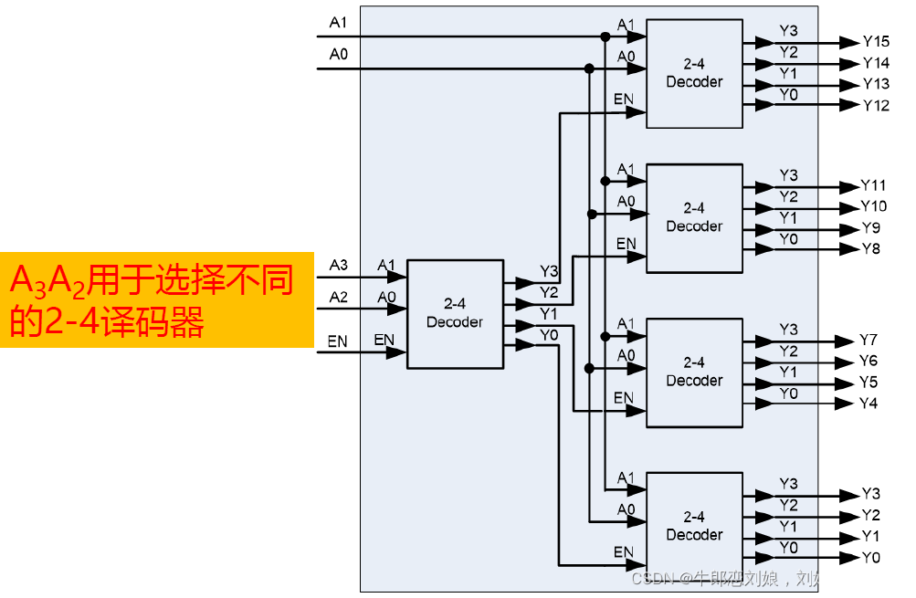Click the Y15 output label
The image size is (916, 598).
(x=877, y=42)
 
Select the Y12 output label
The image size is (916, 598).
(x=877, y=105)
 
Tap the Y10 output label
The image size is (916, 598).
(x=874, y=206)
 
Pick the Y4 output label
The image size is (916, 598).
(x=869, y=403)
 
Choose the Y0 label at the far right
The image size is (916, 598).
(x=870, y=557)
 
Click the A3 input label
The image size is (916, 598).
(x=338, y=265)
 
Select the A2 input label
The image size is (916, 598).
(x=338, y=296)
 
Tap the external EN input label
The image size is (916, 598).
(x=337, y=341)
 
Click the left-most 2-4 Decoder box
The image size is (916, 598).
(x=455, y=313)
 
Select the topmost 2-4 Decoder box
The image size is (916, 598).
(x=694, y=74)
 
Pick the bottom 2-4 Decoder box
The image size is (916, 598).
(x=694, y=527)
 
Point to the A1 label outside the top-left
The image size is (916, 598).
(x=338, y=20)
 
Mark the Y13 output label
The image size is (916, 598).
(x=877, y=84)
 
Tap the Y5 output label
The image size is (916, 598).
(x=869, y=382)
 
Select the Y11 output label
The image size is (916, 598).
(x=874, y=185)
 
